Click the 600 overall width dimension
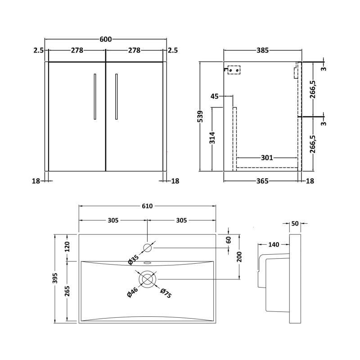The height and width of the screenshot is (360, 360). (105, 40)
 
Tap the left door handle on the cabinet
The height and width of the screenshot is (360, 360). (95, 96)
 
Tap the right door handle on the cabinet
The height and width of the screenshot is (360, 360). (116, 96)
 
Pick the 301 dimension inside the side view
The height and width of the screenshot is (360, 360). (267, 158)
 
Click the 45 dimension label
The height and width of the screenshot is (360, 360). (215, 96)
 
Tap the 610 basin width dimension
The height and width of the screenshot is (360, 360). (148, 206)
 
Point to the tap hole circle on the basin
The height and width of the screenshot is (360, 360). (148, 247)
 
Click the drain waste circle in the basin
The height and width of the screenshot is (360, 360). (147, 279)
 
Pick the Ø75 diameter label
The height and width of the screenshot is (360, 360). (165, 293)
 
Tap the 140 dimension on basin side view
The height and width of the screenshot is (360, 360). (274, 244)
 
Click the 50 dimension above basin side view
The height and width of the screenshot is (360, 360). (295, 223)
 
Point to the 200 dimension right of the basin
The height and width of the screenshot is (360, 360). (240, 256)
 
